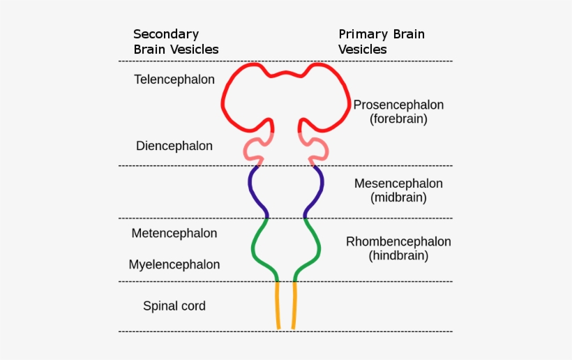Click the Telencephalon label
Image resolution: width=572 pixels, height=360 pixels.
click(174, 80)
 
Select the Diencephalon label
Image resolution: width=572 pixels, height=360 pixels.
click(174, 146)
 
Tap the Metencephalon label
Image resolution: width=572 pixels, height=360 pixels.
click(174, 233)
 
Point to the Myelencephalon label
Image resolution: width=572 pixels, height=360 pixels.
click(174, 264)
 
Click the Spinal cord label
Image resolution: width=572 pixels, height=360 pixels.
click(174, 306)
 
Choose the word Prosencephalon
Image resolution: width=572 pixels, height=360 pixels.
click(398, 105)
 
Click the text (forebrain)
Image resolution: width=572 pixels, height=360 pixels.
click(398, 119)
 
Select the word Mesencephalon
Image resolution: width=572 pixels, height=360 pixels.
click(398, 183)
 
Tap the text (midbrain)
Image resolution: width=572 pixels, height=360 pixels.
click(398, 198)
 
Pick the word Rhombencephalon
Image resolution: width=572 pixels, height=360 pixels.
click(398, 241)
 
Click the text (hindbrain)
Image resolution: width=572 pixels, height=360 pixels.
click(398, 256)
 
